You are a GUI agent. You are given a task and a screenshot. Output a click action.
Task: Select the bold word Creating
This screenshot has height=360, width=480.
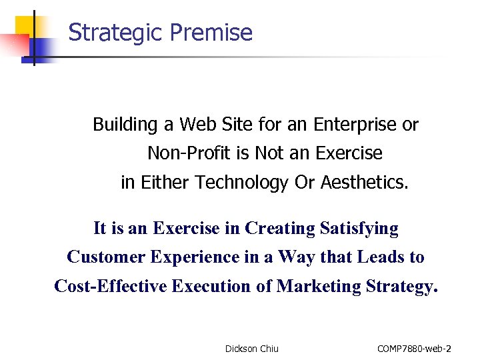tap(279, 229)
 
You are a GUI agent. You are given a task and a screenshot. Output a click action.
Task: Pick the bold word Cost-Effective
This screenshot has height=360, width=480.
tap(111, 286)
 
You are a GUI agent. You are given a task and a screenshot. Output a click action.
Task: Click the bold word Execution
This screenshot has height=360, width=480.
tap(211, 286)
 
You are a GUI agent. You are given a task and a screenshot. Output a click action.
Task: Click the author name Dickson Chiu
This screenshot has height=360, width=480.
tap(252, 349)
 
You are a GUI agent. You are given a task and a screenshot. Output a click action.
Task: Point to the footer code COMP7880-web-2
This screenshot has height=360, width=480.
tap(414, 349)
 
